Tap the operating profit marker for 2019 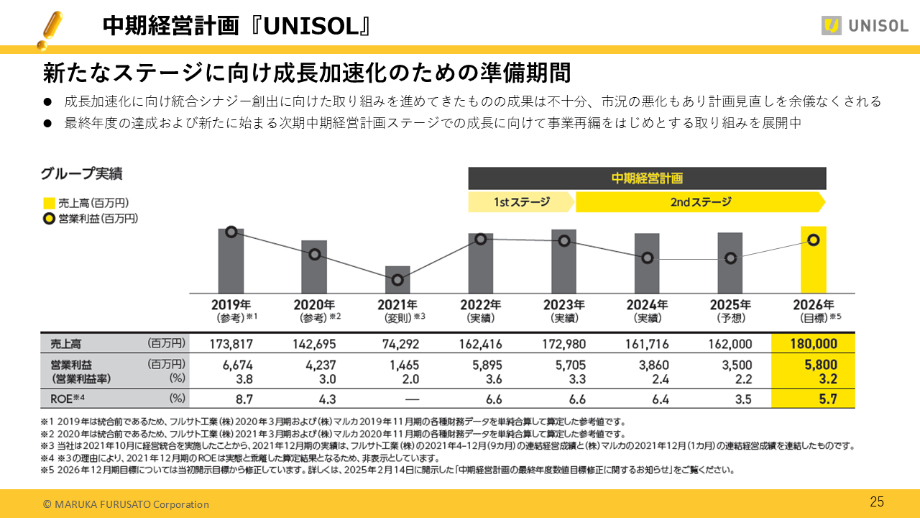(231, 232)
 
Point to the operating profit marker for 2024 (648, 258)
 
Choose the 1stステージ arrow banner (521, 202)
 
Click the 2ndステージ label (700, 202)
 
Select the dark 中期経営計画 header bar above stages (647, 178)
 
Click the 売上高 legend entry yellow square (49, 204)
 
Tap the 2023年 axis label (563, 305)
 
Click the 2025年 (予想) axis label (730, 310)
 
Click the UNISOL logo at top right (865, 26)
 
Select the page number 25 (877, 502)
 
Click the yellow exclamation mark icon (50, 29)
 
